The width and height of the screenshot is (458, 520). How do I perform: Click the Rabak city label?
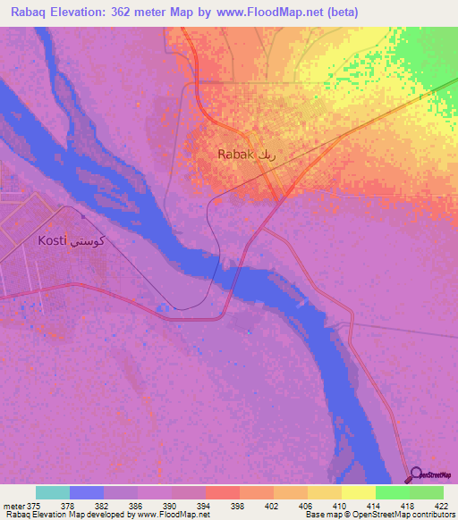(x=236, y=155)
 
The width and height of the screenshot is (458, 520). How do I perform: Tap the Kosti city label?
(x=54, y=241)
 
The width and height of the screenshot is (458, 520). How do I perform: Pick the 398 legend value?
(x=236, y=505)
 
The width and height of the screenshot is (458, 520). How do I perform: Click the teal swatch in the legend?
(x=53, y=492)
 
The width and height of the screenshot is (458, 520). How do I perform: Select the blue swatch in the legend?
(x=86, y=492)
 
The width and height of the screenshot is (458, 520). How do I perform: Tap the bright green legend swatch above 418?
(x=392, y=492)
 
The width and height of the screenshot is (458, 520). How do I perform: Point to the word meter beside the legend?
(x=13, y=505)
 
